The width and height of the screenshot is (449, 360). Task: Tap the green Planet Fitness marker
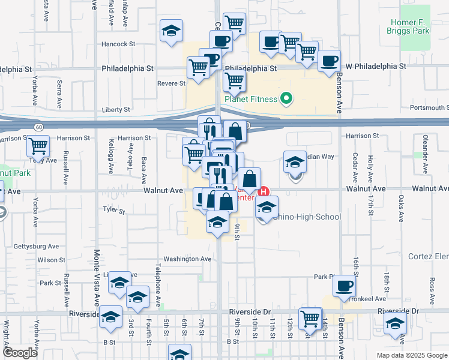[286, 99]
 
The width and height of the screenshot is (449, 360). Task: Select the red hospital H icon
[264, 192]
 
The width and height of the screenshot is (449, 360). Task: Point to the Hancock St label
[119, 44]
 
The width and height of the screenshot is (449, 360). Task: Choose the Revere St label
[171, 83]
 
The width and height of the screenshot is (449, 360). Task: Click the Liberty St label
[117, 110]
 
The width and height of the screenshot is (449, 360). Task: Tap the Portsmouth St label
[429, 108]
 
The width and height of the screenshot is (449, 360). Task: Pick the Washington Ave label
[188, 259]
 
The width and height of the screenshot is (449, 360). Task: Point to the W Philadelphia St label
[376, 66]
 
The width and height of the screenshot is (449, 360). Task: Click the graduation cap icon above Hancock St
[171, 31]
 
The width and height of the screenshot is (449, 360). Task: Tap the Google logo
[20, 352]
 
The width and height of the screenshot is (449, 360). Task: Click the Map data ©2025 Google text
[411, 355]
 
